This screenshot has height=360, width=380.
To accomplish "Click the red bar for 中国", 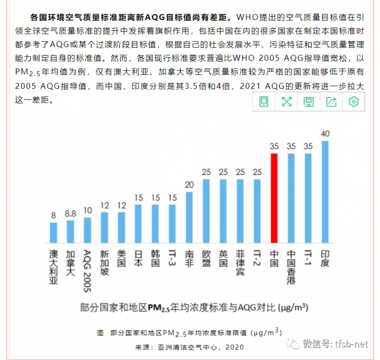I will [274, 197].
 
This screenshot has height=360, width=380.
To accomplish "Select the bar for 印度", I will [325, 191].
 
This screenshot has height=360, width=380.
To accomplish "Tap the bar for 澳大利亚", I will [54, 232].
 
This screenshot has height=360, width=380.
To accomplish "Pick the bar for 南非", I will [189, 216].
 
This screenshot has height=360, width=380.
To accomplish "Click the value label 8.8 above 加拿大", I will [71, 214].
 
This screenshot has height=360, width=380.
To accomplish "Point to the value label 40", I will [325, 134].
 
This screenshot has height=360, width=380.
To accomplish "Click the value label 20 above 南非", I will [189, 185].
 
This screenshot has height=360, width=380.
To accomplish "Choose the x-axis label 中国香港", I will [291, 267].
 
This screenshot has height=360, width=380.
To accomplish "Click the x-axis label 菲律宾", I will [240, 263].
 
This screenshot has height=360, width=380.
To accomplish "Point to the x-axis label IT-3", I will [172, 259].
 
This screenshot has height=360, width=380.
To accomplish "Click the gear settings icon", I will [353, 101].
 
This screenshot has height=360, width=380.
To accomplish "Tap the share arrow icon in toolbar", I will [331, 101].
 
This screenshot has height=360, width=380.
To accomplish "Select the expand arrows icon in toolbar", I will [286, 101].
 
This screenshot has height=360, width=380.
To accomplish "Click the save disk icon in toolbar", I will [309, 101].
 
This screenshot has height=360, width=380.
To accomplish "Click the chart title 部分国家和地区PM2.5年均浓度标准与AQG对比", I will [194, 307].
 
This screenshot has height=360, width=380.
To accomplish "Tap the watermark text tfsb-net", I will [352, 344].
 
